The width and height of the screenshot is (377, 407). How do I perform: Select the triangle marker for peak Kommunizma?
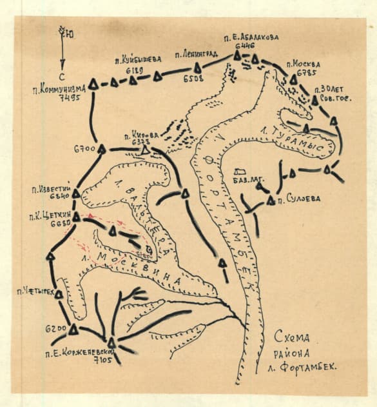(93, 84)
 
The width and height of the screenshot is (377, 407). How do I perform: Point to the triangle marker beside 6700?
(101, 149)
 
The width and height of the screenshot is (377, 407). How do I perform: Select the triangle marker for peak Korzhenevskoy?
(111, 342)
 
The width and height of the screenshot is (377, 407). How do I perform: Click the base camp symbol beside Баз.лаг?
(240, 172)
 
